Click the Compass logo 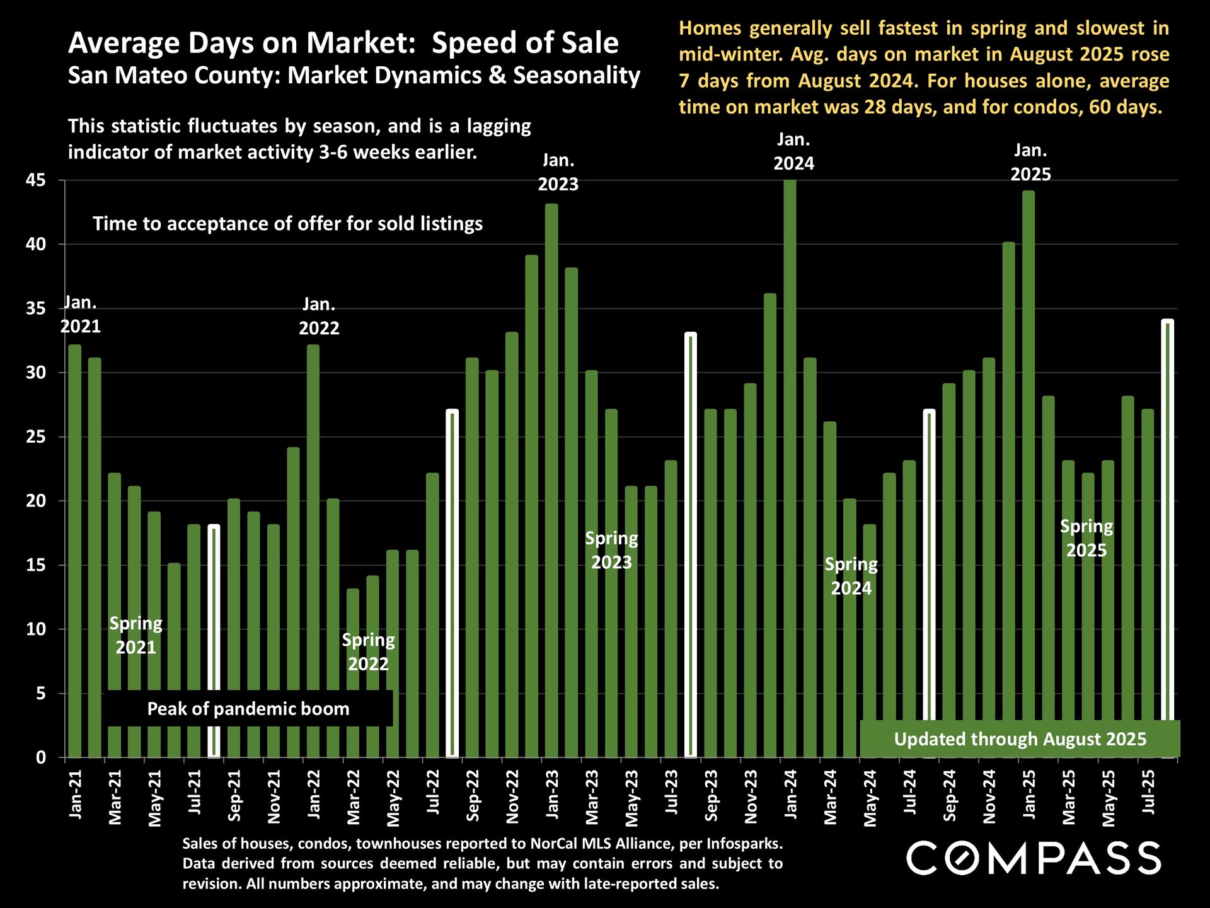click(1034, 858)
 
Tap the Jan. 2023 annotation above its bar click(558, 172)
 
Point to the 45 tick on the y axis click(36, 181)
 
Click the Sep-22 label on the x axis click(473, 796)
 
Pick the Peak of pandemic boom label click(248, 709)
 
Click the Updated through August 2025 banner click(1020, 739)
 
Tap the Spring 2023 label click(611, 550)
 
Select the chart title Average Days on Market click(343, 43)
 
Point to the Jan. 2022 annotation click(319, 316)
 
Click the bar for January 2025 click(1028, 473)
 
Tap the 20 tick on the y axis click(36, 501)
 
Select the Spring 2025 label click(1086, 538)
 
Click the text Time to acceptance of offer click(287, 224)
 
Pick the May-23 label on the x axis click(631, 798)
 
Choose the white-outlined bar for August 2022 click(452, 583)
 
